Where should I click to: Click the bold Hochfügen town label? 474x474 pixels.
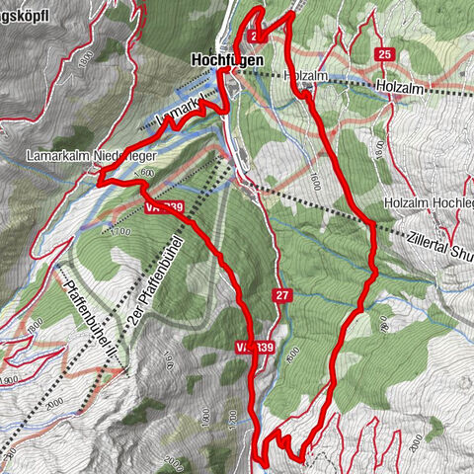(x=226, y=61)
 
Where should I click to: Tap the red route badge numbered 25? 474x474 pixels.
(x=384, y=53)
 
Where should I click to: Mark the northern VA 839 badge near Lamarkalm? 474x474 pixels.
(x=163, y=206)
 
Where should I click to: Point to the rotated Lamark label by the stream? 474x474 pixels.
(x=183, y=107)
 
